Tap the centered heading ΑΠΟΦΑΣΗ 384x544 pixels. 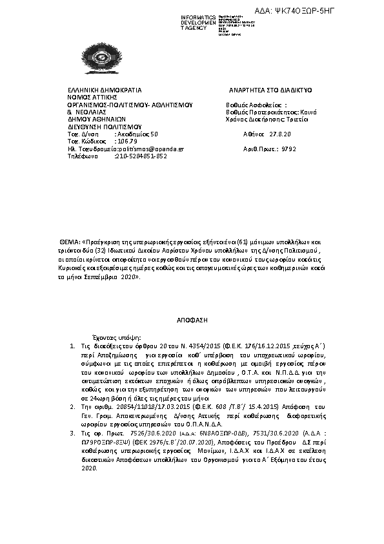pyautogui.click(x=192, y=320)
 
